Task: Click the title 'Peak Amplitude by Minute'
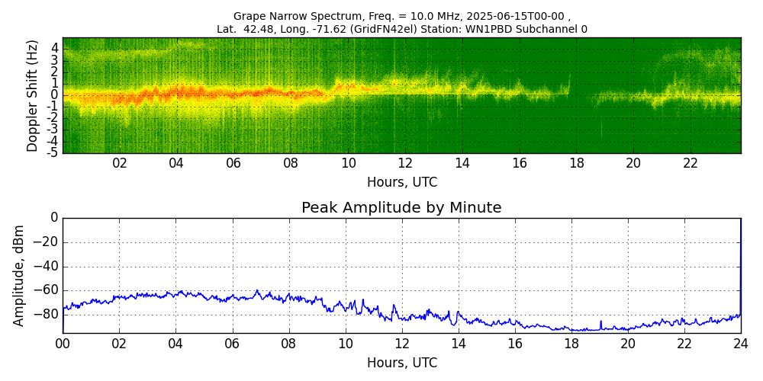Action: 401,208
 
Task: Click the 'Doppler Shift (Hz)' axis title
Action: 32,96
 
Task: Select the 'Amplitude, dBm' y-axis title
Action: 19,275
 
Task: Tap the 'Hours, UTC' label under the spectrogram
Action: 401,183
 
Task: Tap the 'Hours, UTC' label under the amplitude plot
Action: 401,363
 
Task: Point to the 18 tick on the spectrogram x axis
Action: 576,163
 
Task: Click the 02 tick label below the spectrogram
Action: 120,163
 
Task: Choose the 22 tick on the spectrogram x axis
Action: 690,163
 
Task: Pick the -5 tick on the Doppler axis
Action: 53,152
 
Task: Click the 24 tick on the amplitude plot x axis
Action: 741,343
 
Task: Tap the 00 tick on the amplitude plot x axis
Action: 63,343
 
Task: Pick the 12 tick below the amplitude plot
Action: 401,343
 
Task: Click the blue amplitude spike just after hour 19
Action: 600,323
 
